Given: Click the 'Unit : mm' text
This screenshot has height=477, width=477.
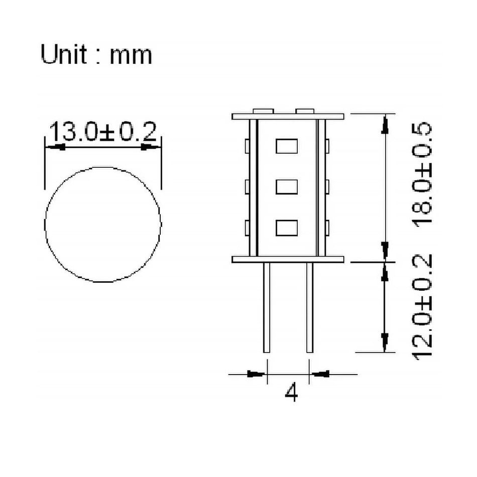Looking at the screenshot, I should pos(96,55).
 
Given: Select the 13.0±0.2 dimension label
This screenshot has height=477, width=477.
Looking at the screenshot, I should pos(103,133).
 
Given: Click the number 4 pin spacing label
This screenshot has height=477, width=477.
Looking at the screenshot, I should pos(291,393).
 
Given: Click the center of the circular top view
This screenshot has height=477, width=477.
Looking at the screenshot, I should pos(103,224).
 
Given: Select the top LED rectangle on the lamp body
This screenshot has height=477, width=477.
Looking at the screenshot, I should pos(287,146).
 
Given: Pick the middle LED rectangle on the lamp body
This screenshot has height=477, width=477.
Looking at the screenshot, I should pos(287,187).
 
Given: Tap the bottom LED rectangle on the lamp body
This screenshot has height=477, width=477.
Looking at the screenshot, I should pos(287,228).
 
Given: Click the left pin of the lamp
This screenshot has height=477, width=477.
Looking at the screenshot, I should pos(267,307).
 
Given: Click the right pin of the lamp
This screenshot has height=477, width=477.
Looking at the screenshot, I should pos(310,307).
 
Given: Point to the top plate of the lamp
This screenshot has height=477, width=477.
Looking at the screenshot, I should pos(288,116).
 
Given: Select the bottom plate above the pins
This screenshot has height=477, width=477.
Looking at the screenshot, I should pos(288,259).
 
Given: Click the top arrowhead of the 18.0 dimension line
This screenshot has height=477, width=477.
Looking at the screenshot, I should pos(385,124).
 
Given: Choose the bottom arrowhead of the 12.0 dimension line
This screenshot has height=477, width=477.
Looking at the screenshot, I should pos(385,342).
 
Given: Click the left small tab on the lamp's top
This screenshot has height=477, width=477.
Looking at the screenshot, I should pos(263,110).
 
